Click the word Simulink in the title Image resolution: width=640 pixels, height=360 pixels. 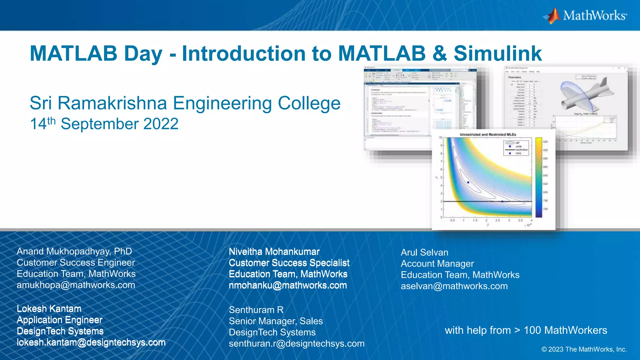coord(497,53)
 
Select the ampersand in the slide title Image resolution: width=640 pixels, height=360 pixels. coord(439,53)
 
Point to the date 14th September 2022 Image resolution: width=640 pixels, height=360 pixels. coord(104,124)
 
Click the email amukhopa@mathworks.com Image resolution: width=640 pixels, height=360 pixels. coord(76,285)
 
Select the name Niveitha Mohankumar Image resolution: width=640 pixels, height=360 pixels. coord(274,252)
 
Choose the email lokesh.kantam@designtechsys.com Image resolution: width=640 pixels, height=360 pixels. coord(91,342)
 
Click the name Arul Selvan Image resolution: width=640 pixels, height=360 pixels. coord(424,252)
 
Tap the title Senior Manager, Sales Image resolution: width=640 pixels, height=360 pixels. coord(276,321)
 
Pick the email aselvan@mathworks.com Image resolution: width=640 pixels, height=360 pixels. coord(454,286)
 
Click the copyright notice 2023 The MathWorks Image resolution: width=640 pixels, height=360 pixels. coord(584,349)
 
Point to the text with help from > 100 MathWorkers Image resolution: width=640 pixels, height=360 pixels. coord(526,330)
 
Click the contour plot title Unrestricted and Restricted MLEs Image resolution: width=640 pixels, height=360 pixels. coord(487,135)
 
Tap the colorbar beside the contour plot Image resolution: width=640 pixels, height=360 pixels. coord(538,177)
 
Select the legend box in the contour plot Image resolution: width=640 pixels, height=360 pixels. coord(516,148)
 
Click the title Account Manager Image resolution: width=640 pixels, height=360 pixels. coord(437,264)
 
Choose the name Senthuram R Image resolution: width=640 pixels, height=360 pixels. coord(256,310)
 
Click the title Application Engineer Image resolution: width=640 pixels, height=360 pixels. coord(59,320)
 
